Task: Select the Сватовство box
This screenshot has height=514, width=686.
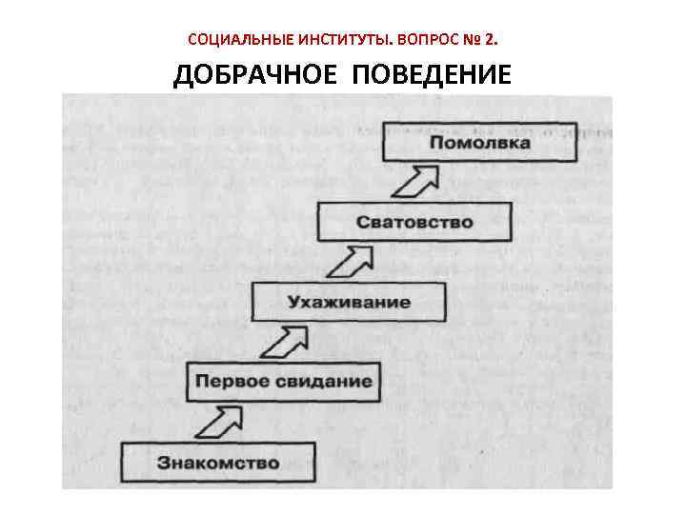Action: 414,222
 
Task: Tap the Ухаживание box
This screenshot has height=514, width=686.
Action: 349,302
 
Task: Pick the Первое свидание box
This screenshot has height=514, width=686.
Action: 283,382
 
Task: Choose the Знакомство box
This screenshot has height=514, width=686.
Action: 218,464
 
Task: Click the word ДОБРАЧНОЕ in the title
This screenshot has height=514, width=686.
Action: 255,75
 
